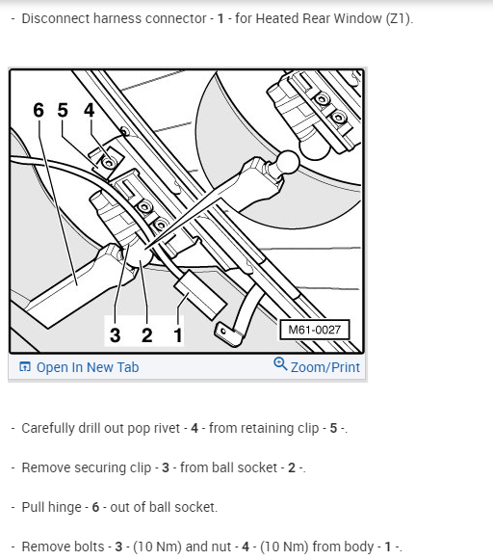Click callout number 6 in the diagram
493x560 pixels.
click(x=39, y=110)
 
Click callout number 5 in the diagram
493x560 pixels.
click(x=63, y=110)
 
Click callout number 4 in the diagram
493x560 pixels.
click(x=90, y=110)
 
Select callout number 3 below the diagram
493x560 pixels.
click(x=115, y=335)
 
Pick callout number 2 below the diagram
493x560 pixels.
click(x=147, y=335)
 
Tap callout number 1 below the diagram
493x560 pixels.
click(x=178, y=335)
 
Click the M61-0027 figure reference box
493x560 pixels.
click(x=314, y=330)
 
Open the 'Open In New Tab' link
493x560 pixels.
click(x=88, y=367)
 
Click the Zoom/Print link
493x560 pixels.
click(x=325, y=367)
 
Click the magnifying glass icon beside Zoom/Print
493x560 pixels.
click(x=280, y=363)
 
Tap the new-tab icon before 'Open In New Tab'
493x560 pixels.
click(x=25, y=366)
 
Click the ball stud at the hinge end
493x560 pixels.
click(x=288, y=161)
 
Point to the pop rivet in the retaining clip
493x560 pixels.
click(x=109, y=163)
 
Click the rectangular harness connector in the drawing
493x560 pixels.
click(x=200, y=295)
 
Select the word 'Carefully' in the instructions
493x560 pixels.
click(x=47, y=428)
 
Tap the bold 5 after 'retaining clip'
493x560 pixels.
click(x=333, y=428)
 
